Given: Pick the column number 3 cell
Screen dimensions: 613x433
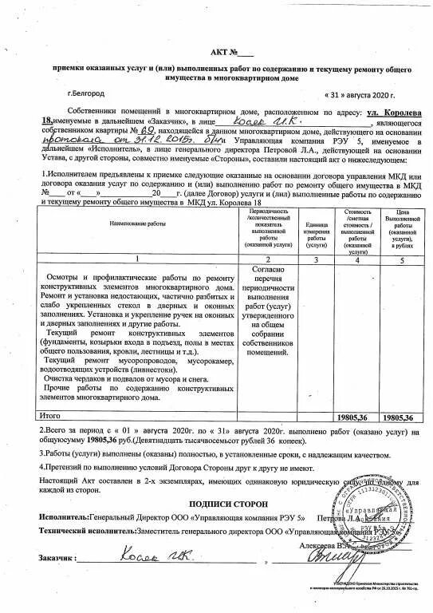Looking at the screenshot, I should click(317, 260).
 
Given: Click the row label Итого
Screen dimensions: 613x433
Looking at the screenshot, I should click(50, 416).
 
